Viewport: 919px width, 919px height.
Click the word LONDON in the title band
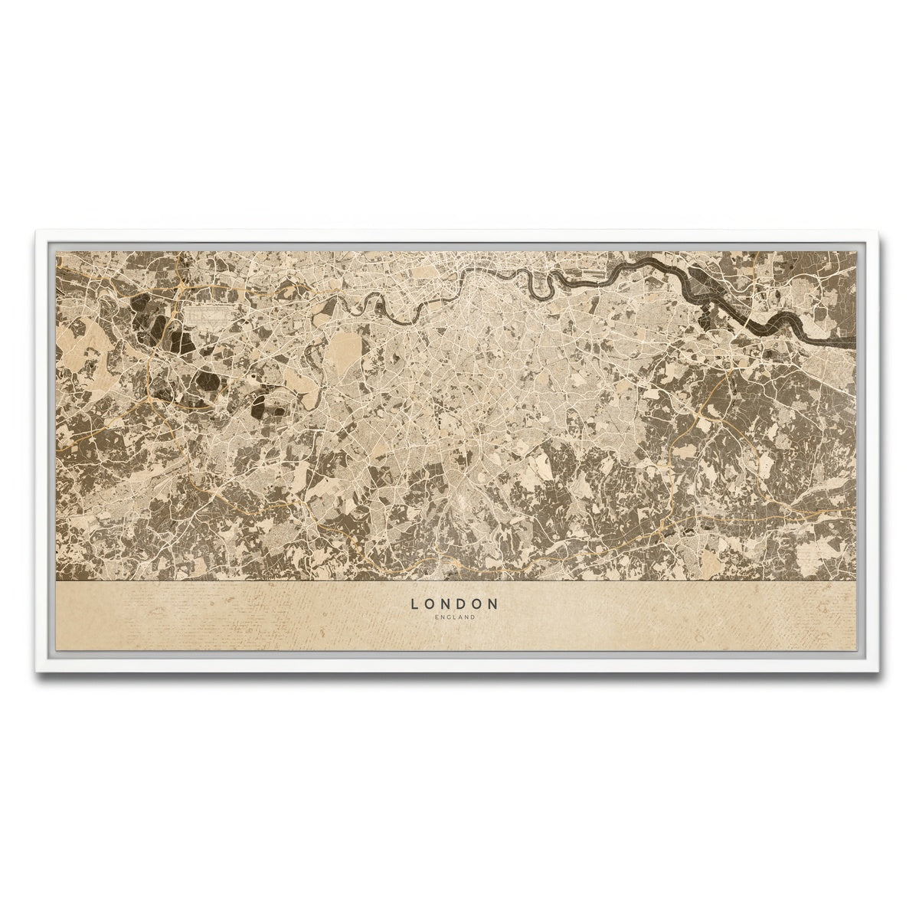pos(455,603)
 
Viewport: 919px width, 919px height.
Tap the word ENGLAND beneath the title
pos(455,617)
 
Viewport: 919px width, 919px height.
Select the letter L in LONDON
pos(415,603)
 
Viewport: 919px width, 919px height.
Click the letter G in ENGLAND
pos(450,617)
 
